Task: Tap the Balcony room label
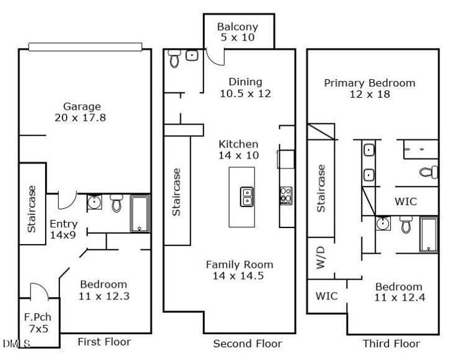[x=237, y=32]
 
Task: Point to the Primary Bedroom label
[x=369, y=88]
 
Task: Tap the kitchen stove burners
[x=286, y=195]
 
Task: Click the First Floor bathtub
[x=140, y=213]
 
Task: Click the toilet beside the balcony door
[x=175, y=58]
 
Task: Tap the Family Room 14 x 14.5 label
[x=240, y=270]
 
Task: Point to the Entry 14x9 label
[x=62, y=229]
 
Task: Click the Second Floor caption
[x=247, y=344]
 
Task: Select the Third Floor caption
[x=391, y=344]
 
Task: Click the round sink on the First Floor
[x=94, y=203]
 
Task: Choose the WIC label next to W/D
[x=327, y=296]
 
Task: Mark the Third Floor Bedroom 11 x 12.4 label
[x=399, y=292]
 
